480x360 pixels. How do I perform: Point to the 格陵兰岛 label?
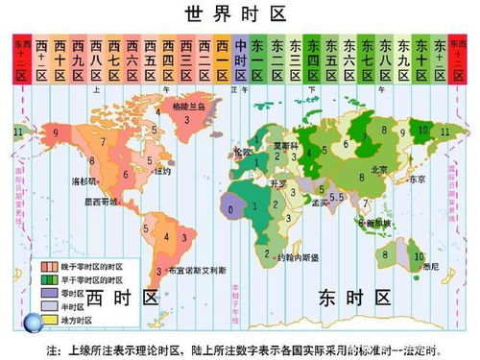point(187,108)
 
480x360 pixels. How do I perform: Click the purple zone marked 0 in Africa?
point(229,205)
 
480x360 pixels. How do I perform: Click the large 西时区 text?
point(133,298)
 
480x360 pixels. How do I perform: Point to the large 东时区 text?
point(355,299)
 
